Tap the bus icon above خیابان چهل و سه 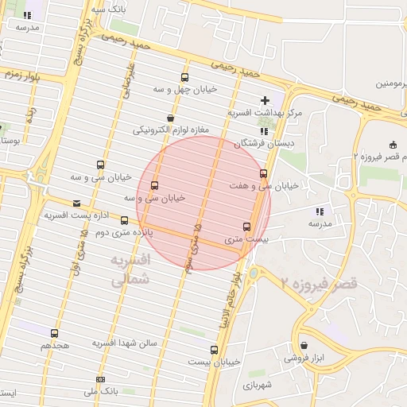[185, 78]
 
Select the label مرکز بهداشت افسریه [265, 113]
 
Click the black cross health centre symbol [265, 101]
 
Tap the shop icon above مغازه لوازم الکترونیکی [170, 118]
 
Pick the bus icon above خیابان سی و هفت [263, 173]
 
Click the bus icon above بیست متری [246, 227]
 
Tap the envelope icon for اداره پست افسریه [76, 203]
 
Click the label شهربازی [256, 383]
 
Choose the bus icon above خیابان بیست [214, 350]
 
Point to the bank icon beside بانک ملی [99, 379]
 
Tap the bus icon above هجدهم [54, 334]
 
